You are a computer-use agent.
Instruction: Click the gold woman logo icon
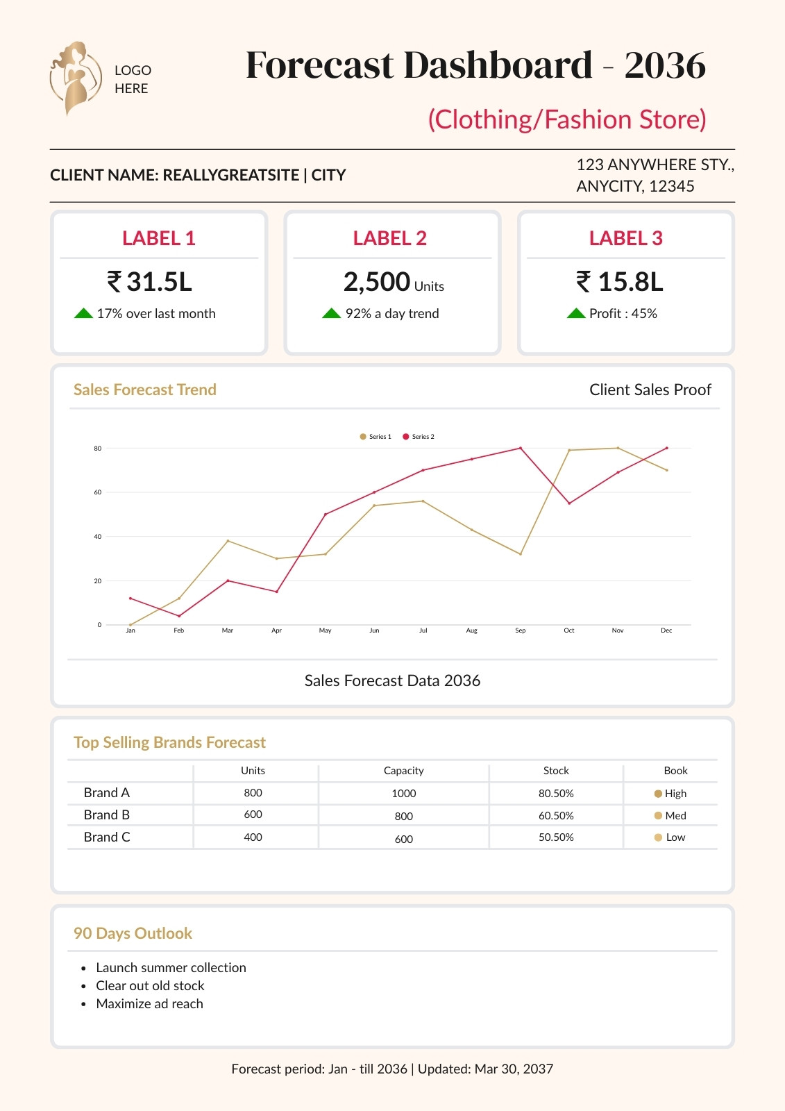[76, 78]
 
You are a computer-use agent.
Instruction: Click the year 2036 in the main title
[664, 65]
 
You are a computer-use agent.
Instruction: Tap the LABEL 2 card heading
[390, 238]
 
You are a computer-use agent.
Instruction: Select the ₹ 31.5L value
[149, 281]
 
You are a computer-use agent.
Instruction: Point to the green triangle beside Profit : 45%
[576, 313]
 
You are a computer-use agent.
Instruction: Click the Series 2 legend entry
[419, 437]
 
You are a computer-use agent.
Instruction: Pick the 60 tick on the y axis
[98, 492]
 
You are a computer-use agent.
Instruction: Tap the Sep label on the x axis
[520, 630]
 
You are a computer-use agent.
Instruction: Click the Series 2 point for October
[569, 503]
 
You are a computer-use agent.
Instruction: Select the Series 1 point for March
[228, 541]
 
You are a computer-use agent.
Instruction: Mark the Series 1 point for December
[666, 470]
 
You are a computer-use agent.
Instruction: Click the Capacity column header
[404, 770]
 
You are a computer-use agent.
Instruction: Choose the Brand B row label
[107, 815]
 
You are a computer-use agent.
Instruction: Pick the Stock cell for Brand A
[556, 794]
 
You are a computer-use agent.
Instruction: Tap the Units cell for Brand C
[253, 837]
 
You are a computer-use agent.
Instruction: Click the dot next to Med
[658, 815]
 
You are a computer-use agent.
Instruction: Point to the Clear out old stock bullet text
[150, 985]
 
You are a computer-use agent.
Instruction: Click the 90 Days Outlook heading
[133, 933]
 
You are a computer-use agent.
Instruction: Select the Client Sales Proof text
[650, 390]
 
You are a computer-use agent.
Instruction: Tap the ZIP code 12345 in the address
[671, 186]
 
